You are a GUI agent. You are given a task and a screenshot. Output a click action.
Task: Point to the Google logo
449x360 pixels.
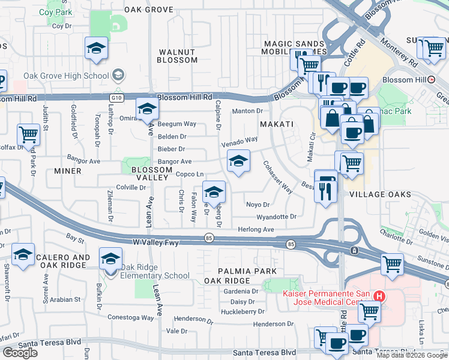coord(20,353)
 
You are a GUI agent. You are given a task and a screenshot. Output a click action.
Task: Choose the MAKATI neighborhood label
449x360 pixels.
coord(276,124)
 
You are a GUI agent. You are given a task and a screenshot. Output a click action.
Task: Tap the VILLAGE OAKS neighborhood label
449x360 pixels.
coord(380,194)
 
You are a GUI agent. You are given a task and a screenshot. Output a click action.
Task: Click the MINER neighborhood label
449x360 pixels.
coord(67,171)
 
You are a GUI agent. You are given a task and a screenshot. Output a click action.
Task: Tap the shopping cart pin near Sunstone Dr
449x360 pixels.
coord(392,264)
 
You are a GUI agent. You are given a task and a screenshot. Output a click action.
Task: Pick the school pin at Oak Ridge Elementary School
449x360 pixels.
coord(110,260)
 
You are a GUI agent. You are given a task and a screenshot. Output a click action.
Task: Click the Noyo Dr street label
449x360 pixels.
coord(258,205)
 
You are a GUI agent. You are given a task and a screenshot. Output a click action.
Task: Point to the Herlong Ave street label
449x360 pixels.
coord(256,229)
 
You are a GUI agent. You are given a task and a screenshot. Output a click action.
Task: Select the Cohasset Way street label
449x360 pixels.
coord(277,178)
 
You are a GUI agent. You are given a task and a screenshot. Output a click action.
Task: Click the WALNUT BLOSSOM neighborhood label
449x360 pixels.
coord(177,56)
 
